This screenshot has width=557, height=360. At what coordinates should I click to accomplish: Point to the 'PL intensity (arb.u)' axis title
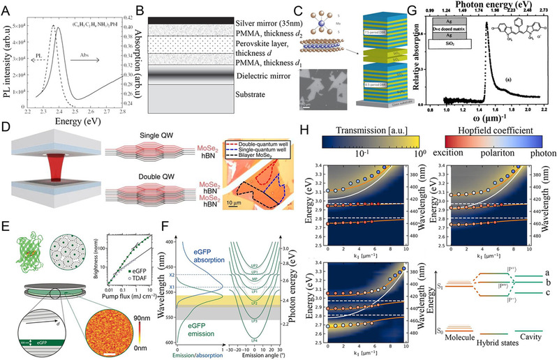click(x=9, y=63)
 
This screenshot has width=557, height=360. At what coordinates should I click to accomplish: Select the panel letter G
click(x=402, y=8)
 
